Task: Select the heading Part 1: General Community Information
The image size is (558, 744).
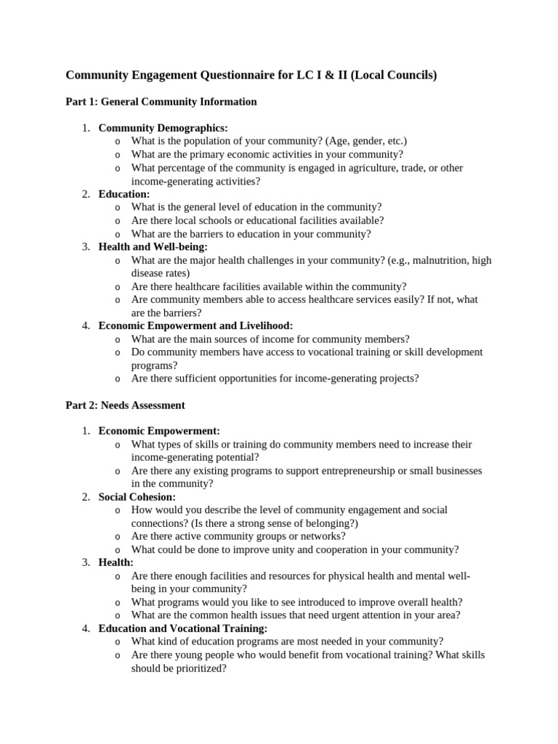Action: pos(161,102)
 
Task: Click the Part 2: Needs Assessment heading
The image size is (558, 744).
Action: pos(125,405)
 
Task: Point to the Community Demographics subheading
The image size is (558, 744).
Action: pos(163,128)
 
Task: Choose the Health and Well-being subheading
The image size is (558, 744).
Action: pos(153,247)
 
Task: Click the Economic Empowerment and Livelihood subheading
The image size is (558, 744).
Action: pos(195,326)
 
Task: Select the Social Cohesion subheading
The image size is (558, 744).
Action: pos(137,497)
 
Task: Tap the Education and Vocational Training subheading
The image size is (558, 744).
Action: pos(182,628)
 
